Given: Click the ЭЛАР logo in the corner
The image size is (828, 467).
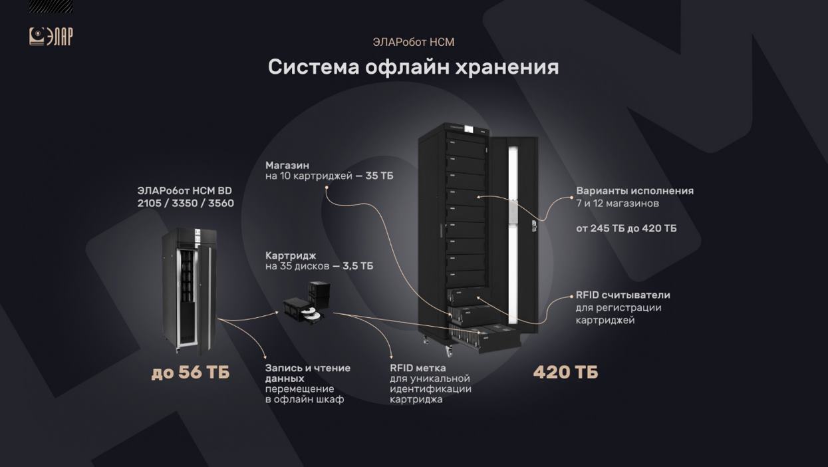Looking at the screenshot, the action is [51, 37].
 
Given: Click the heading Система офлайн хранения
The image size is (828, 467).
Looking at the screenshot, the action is [413, 67].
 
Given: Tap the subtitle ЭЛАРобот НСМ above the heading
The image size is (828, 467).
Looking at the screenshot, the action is [414, 42].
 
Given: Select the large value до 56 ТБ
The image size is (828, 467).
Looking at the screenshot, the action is [190, 373].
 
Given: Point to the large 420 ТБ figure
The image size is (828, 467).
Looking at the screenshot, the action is [565, 373].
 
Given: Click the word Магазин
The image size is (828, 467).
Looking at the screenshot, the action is [287, 165].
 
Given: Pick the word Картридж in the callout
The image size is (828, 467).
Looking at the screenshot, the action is [291, 255].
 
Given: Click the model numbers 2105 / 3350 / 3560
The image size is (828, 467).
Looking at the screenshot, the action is [186, 203].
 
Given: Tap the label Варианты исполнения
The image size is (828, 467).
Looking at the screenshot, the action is [634, 191].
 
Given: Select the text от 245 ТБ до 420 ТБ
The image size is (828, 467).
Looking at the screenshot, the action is [626, 228].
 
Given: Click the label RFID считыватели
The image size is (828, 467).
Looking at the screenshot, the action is [623, 295].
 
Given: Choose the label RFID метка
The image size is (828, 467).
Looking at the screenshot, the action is [418, 368].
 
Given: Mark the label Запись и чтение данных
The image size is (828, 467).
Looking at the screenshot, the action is [307, 373].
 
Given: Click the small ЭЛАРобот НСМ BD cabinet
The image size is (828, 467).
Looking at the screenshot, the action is [190, 290].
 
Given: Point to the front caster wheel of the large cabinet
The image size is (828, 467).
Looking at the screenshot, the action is [449, 350].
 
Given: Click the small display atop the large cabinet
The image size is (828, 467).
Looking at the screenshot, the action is [468, 129].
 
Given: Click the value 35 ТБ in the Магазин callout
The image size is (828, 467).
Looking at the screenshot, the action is [379, 176].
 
